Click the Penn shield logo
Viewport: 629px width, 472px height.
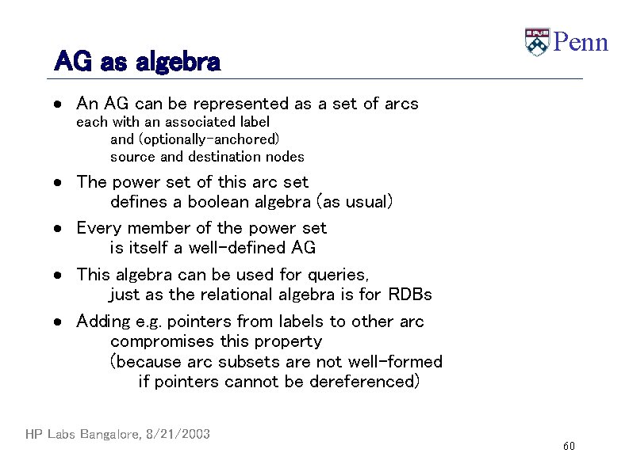[x=537, y=42]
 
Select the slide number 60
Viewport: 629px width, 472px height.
[x=569, y=447]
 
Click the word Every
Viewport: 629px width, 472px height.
[x=98, y=228]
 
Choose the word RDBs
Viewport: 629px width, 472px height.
[x=410, y=295]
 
